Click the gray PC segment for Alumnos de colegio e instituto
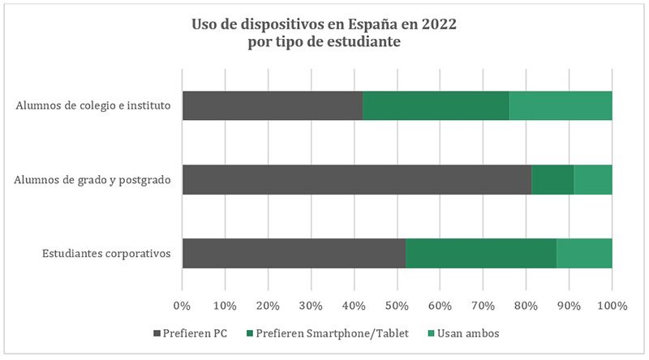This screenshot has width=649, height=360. tap(272, 105)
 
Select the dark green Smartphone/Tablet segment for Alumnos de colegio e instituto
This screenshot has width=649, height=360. tap(436, 105)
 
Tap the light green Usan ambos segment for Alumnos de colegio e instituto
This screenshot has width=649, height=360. tap(561, 105)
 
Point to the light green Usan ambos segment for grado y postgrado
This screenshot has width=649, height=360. tap(593, 179)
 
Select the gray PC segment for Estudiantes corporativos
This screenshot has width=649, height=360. tap(294, 253)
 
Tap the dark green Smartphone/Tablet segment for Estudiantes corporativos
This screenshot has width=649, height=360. tap(481, 253)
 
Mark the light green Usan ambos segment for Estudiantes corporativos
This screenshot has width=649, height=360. tap(584, 253)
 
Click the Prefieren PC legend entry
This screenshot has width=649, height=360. tap(192, 333)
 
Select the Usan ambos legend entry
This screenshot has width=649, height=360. tap(462, 333)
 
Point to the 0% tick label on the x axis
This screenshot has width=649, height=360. tap(183, 306)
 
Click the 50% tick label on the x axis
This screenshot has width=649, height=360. tap(397, 306)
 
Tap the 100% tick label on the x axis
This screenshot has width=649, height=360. tap(612, 306)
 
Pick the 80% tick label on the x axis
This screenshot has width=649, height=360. tap(526, 306)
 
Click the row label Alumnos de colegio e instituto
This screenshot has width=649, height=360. tap(92, 106)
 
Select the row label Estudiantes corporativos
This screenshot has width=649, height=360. tap(105, 254)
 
